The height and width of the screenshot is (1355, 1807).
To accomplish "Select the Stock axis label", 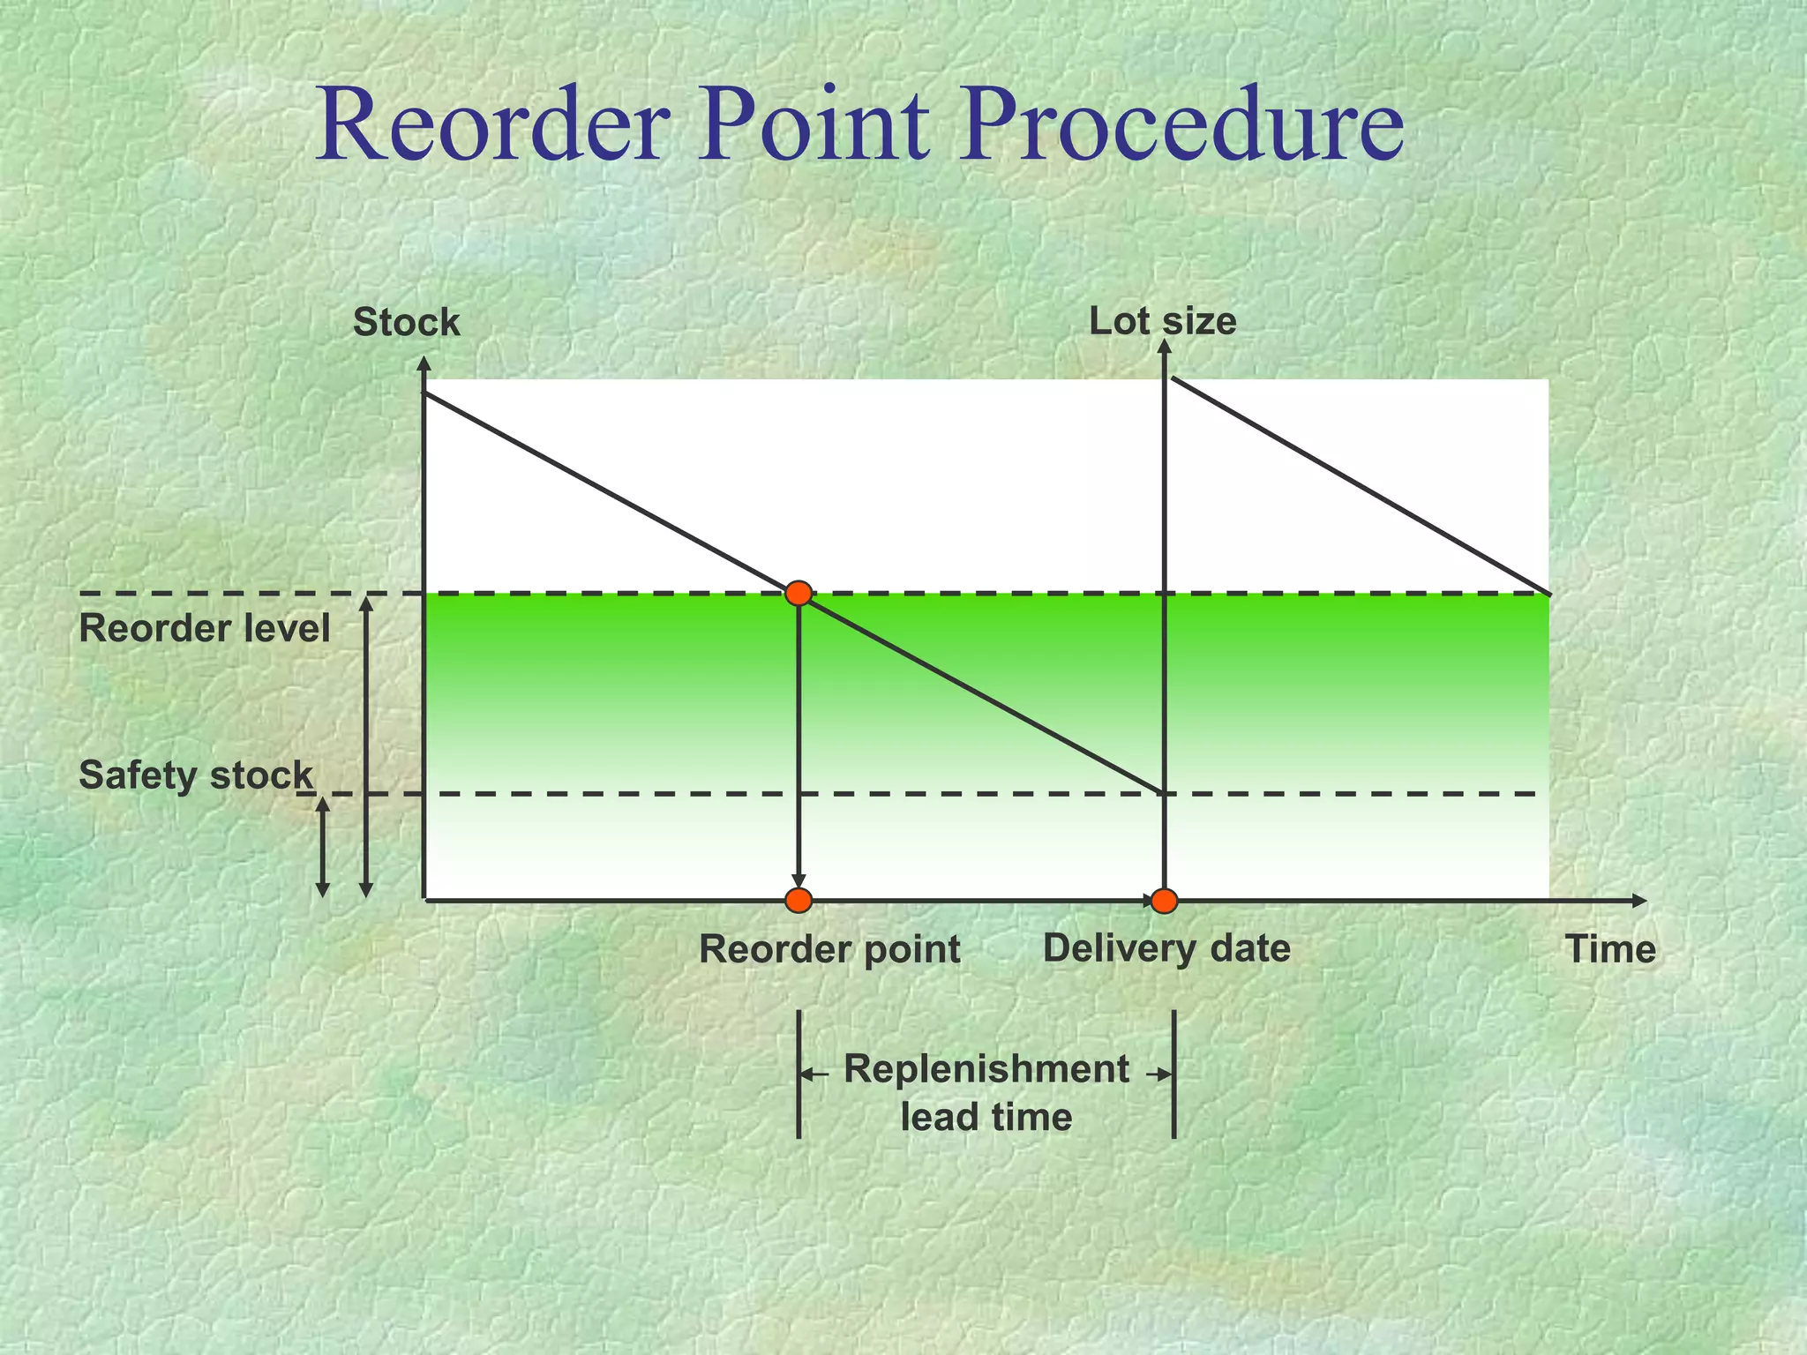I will [407, 323].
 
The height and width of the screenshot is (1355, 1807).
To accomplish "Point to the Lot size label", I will [1162, 321].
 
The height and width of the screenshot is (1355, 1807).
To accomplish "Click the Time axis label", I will [1610, 950].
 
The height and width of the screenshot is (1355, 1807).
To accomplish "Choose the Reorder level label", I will [205, 630].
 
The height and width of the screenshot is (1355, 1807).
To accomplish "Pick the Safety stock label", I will [196, 776].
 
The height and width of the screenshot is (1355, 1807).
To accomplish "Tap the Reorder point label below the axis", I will [829, 950].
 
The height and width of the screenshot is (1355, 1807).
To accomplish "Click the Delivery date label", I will [1166, 949].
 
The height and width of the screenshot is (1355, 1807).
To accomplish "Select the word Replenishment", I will [986, 1069].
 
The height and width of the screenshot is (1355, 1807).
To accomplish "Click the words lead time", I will [986, 1118].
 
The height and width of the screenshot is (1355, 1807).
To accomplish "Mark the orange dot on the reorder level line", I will [799, 594].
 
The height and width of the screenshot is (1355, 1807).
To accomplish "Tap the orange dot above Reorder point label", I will [799, 901].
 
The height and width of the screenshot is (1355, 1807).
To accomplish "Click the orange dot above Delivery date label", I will [1165, 901].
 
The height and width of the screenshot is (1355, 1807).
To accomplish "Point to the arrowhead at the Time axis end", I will [1639, 901].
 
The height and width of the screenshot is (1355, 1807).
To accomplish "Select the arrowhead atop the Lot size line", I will [1165, 347].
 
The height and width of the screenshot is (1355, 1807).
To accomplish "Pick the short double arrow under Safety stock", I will [323, 848].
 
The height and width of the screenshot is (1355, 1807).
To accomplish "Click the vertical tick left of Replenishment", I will [799, 1074].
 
